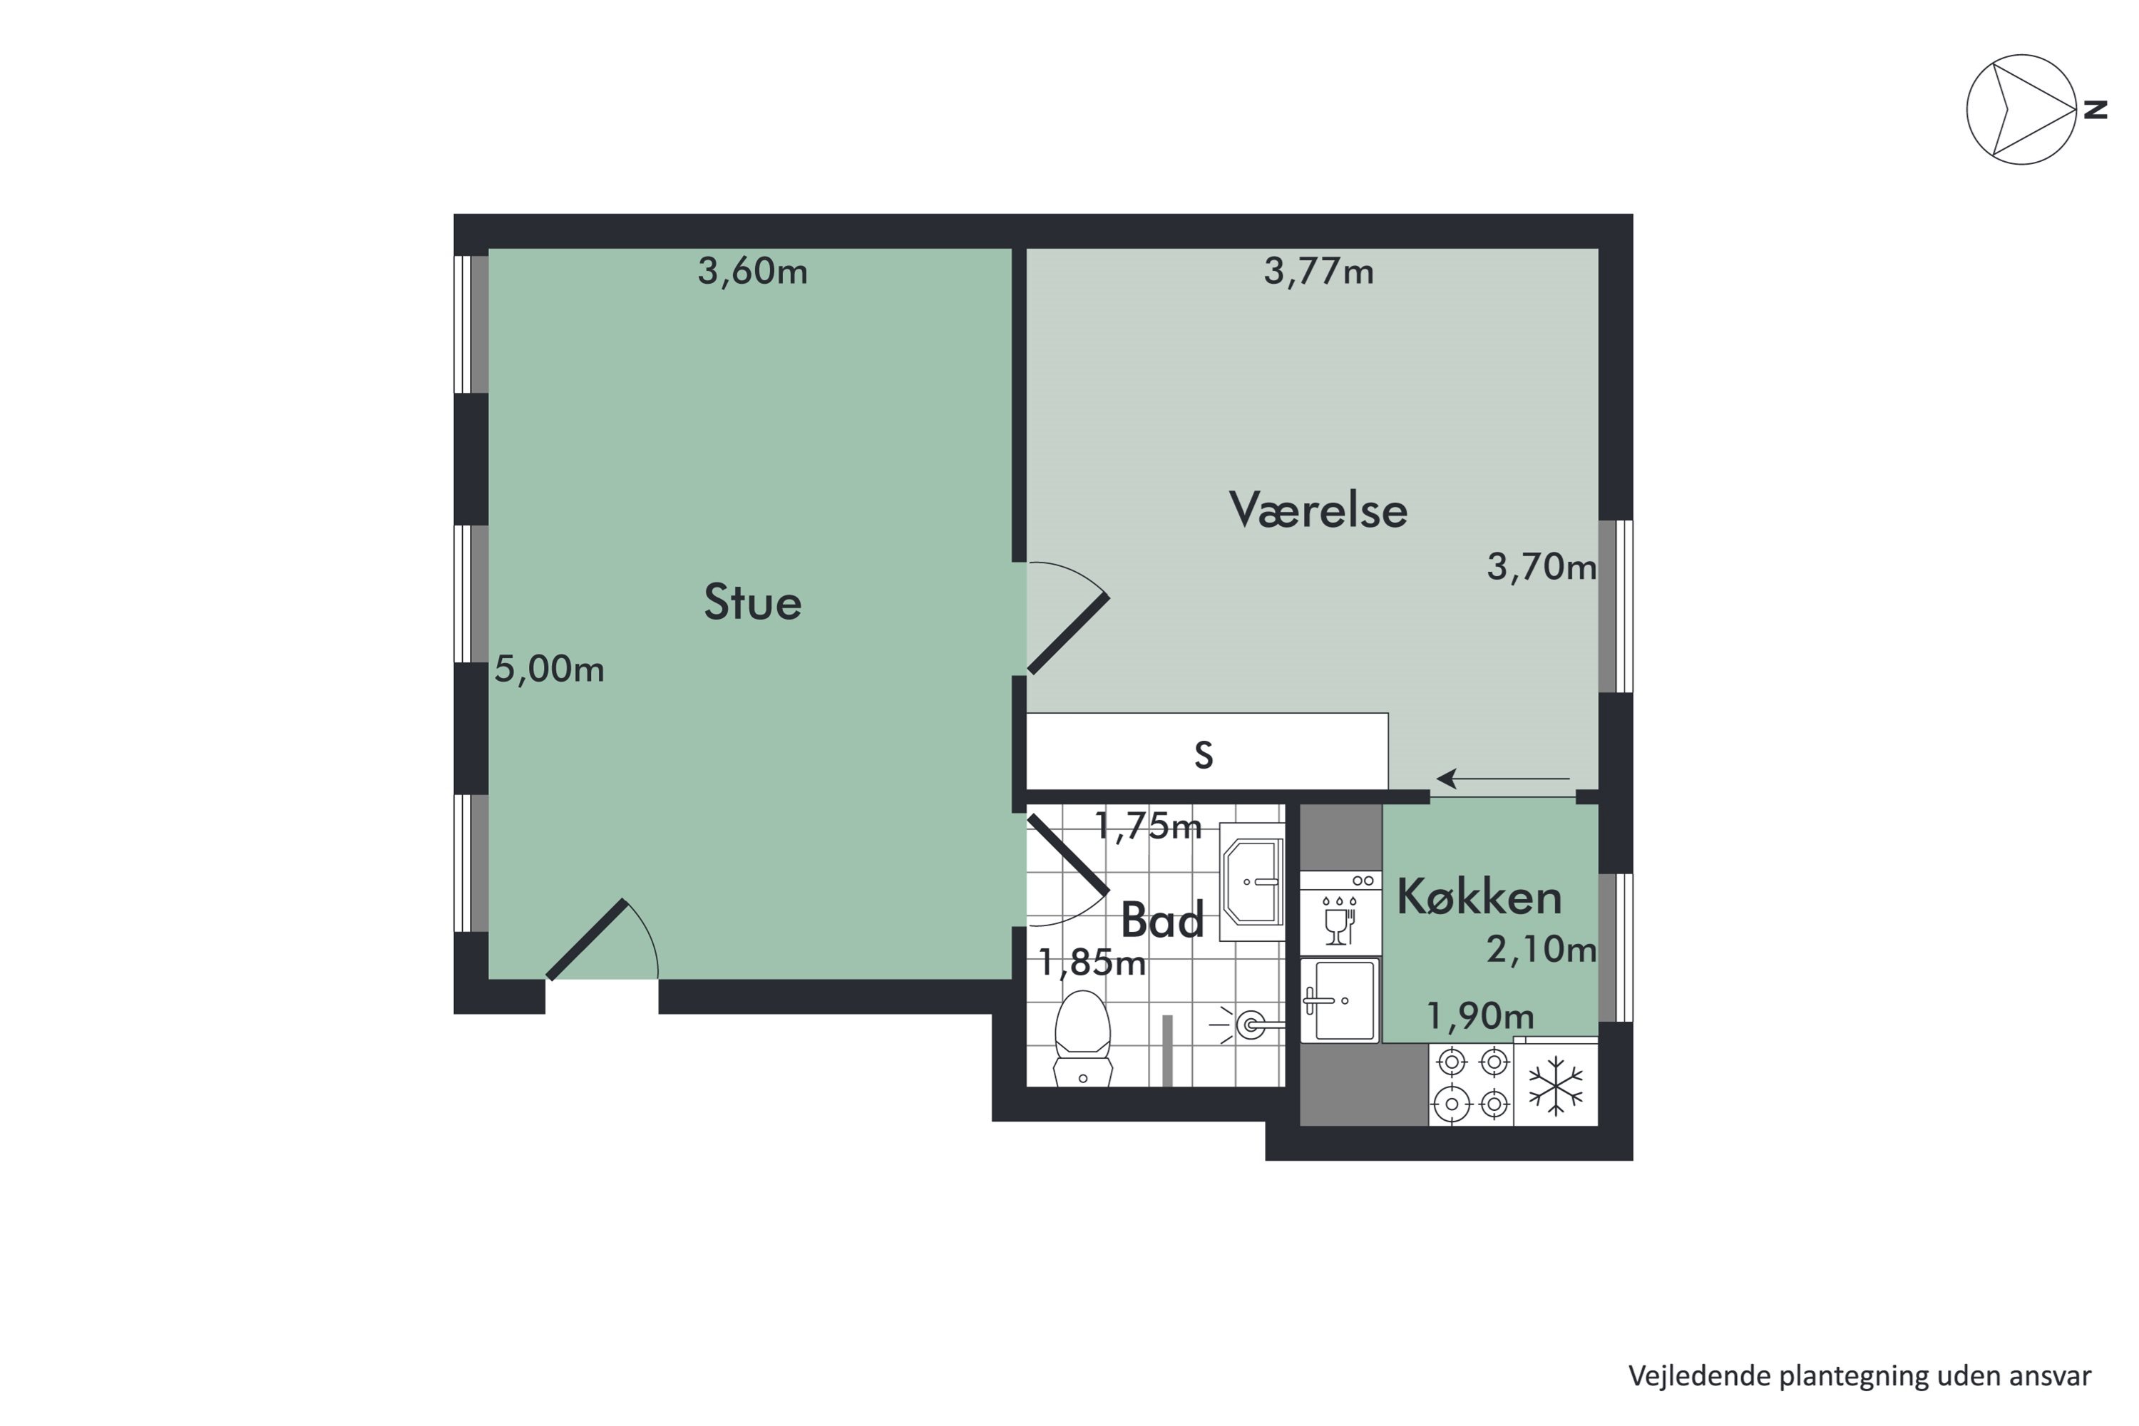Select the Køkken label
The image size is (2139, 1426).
(x=1479, y=898)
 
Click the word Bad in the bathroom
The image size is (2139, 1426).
(x=1161, y=920)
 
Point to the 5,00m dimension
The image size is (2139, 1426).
(x=548, y=670)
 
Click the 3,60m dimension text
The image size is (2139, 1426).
(x=752, y=271)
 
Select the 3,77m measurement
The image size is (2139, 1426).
(x=1318, y=271)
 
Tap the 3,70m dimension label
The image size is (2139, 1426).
(x=1541, y=567)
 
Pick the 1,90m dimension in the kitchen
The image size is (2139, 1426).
(x=1479, y=1016)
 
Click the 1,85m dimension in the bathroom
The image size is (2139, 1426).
(x=1092, y=962)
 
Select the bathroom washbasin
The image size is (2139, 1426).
(x=1252, y=881)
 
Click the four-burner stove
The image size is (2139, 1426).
(x=1472, y=1084)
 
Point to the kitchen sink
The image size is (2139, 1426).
(x=1340, y=1000)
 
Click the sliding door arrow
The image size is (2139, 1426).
(x=1502, y=779)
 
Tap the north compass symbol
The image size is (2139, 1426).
(x=2021, y=110)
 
